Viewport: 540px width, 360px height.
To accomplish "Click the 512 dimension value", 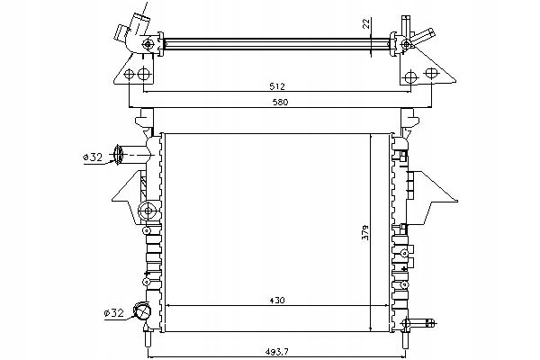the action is click(x=277, y=86).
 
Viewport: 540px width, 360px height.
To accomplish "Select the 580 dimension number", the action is click(x=280, y=103).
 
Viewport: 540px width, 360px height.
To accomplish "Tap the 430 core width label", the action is click(x=277, y=301).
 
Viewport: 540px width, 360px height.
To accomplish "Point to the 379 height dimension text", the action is click(x=365, y=232).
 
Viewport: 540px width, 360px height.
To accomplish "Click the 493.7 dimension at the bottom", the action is click(x=276, y=352).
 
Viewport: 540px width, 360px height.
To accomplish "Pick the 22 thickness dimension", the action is click(x=366, y=23).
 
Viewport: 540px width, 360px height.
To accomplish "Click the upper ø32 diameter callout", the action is click(x=93, y=157).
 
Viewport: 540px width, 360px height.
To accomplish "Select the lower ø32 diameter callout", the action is click(x=113, y=313).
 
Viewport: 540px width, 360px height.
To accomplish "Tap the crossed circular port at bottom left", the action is click(x=142, y=311).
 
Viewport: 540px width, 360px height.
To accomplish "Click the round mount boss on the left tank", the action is click(x=148, y=211).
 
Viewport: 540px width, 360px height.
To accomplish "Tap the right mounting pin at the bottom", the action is click(x=405, y=338).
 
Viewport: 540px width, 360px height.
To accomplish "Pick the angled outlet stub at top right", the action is click(x=423, y=37).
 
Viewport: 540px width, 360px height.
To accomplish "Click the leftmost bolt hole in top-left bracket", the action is click(x=129, y=74).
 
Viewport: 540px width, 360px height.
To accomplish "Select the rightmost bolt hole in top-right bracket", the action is click(x=431, y=73).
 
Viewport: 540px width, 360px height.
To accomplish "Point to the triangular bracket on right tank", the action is click(x=436, y=196).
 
